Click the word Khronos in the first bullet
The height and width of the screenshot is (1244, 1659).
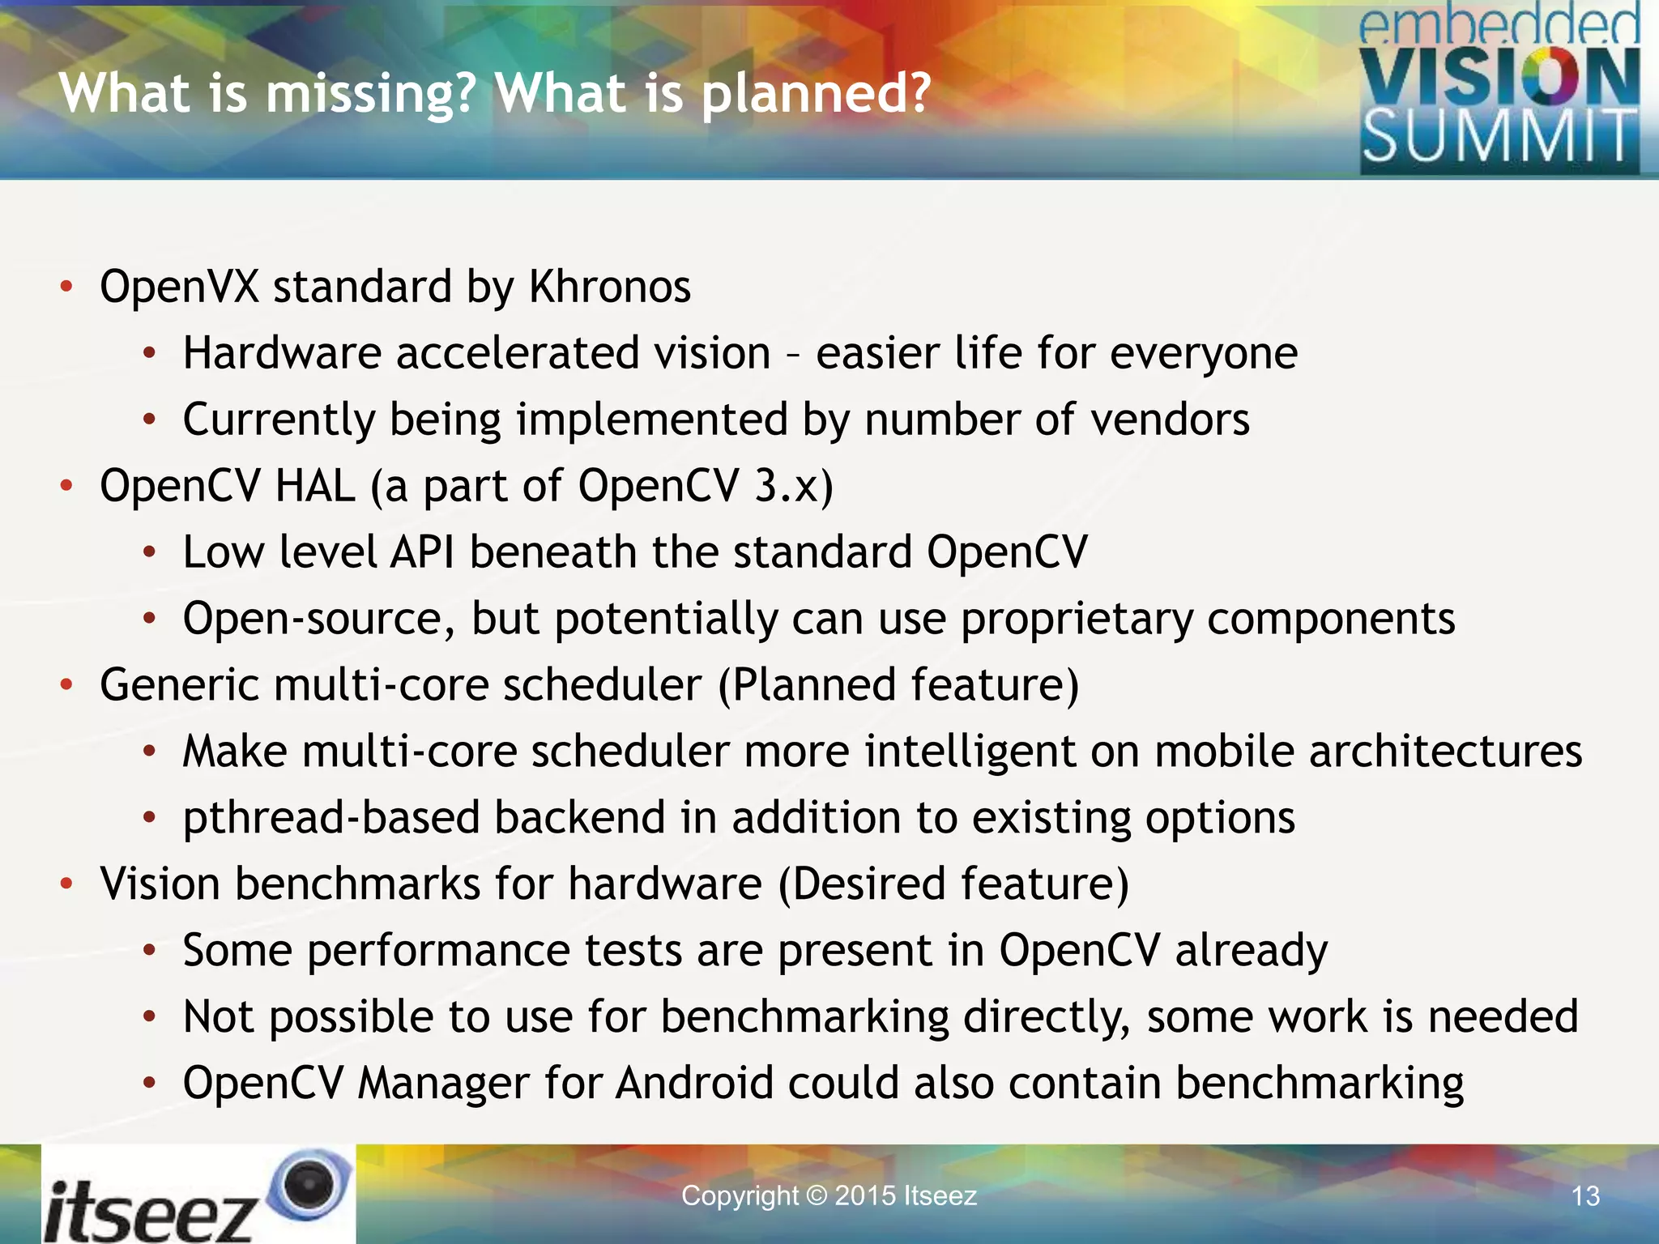609,287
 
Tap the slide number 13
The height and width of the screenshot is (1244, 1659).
1585,1196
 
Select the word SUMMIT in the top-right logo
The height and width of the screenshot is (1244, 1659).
1499,137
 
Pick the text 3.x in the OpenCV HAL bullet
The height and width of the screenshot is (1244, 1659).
785,486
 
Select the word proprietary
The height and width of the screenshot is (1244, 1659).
1077,620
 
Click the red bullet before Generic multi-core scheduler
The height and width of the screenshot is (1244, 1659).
66,686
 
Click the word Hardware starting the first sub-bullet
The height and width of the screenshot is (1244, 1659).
282,354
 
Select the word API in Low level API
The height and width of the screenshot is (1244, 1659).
422,552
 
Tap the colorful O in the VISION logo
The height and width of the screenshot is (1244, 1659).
1543,77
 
